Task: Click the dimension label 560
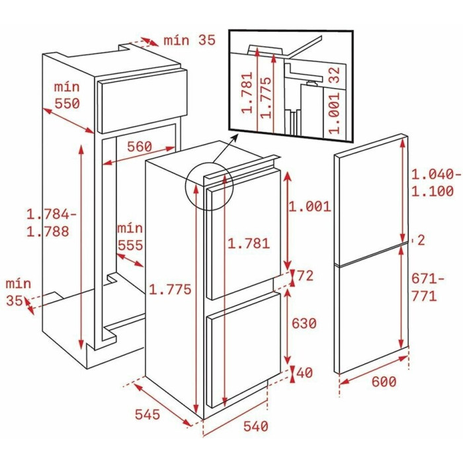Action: tap(140, 147)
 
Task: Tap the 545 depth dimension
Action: tap(147, 414)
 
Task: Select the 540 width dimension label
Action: tap(256, 426)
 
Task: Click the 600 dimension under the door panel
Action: tap(384, 382)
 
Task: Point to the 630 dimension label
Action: tap(304, 323)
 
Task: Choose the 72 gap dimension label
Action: tap(305, 276)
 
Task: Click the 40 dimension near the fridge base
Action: tap(305, 372)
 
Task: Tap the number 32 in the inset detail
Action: tap(335, 75)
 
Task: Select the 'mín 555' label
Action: tap(130, 237)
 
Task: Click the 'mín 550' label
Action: tap(67, 95)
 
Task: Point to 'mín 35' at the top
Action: tap(190, 40)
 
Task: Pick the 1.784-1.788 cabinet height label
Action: tap(52, 223)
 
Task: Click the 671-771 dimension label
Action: tap(427, 287)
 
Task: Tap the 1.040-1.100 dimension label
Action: tap(436, 183)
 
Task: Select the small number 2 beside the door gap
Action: tap(421, 240)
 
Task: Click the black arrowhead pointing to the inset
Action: tap(235, 137)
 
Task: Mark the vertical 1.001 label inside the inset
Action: tap(335, 113)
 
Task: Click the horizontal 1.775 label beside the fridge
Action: tap(170, 290)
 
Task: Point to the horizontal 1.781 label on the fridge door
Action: tap(249, 243)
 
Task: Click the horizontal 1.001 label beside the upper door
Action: tap(310, 206)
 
